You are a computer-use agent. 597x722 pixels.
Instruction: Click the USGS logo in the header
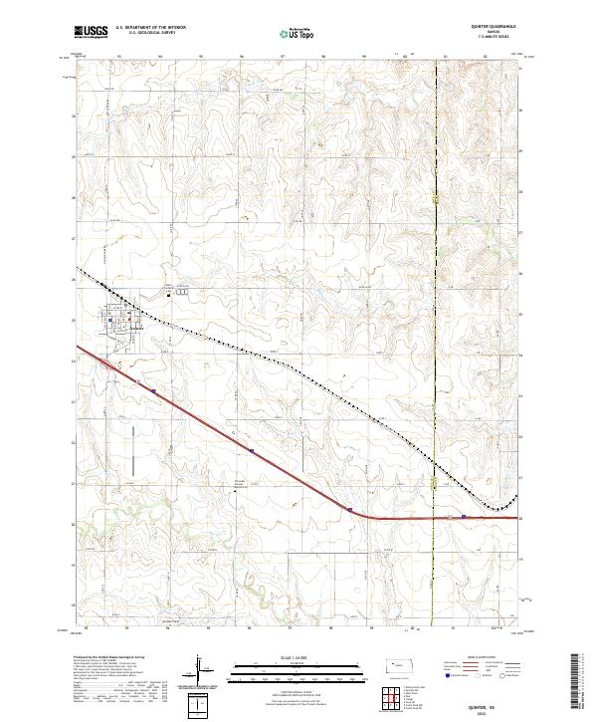(x=92, y=31)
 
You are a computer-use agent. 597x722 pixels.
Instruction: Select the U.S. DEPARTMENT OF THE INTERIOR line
(x=150, y=28)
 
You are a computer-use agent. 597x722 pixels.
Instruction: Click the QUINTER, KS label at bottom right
(x=494, y=703)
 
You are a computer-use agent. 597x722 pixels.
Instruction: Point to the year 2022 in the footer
(x=494, y=711)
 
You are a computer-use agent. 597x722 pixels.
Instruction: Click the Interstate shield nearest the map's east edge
(x=464, y=516)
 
